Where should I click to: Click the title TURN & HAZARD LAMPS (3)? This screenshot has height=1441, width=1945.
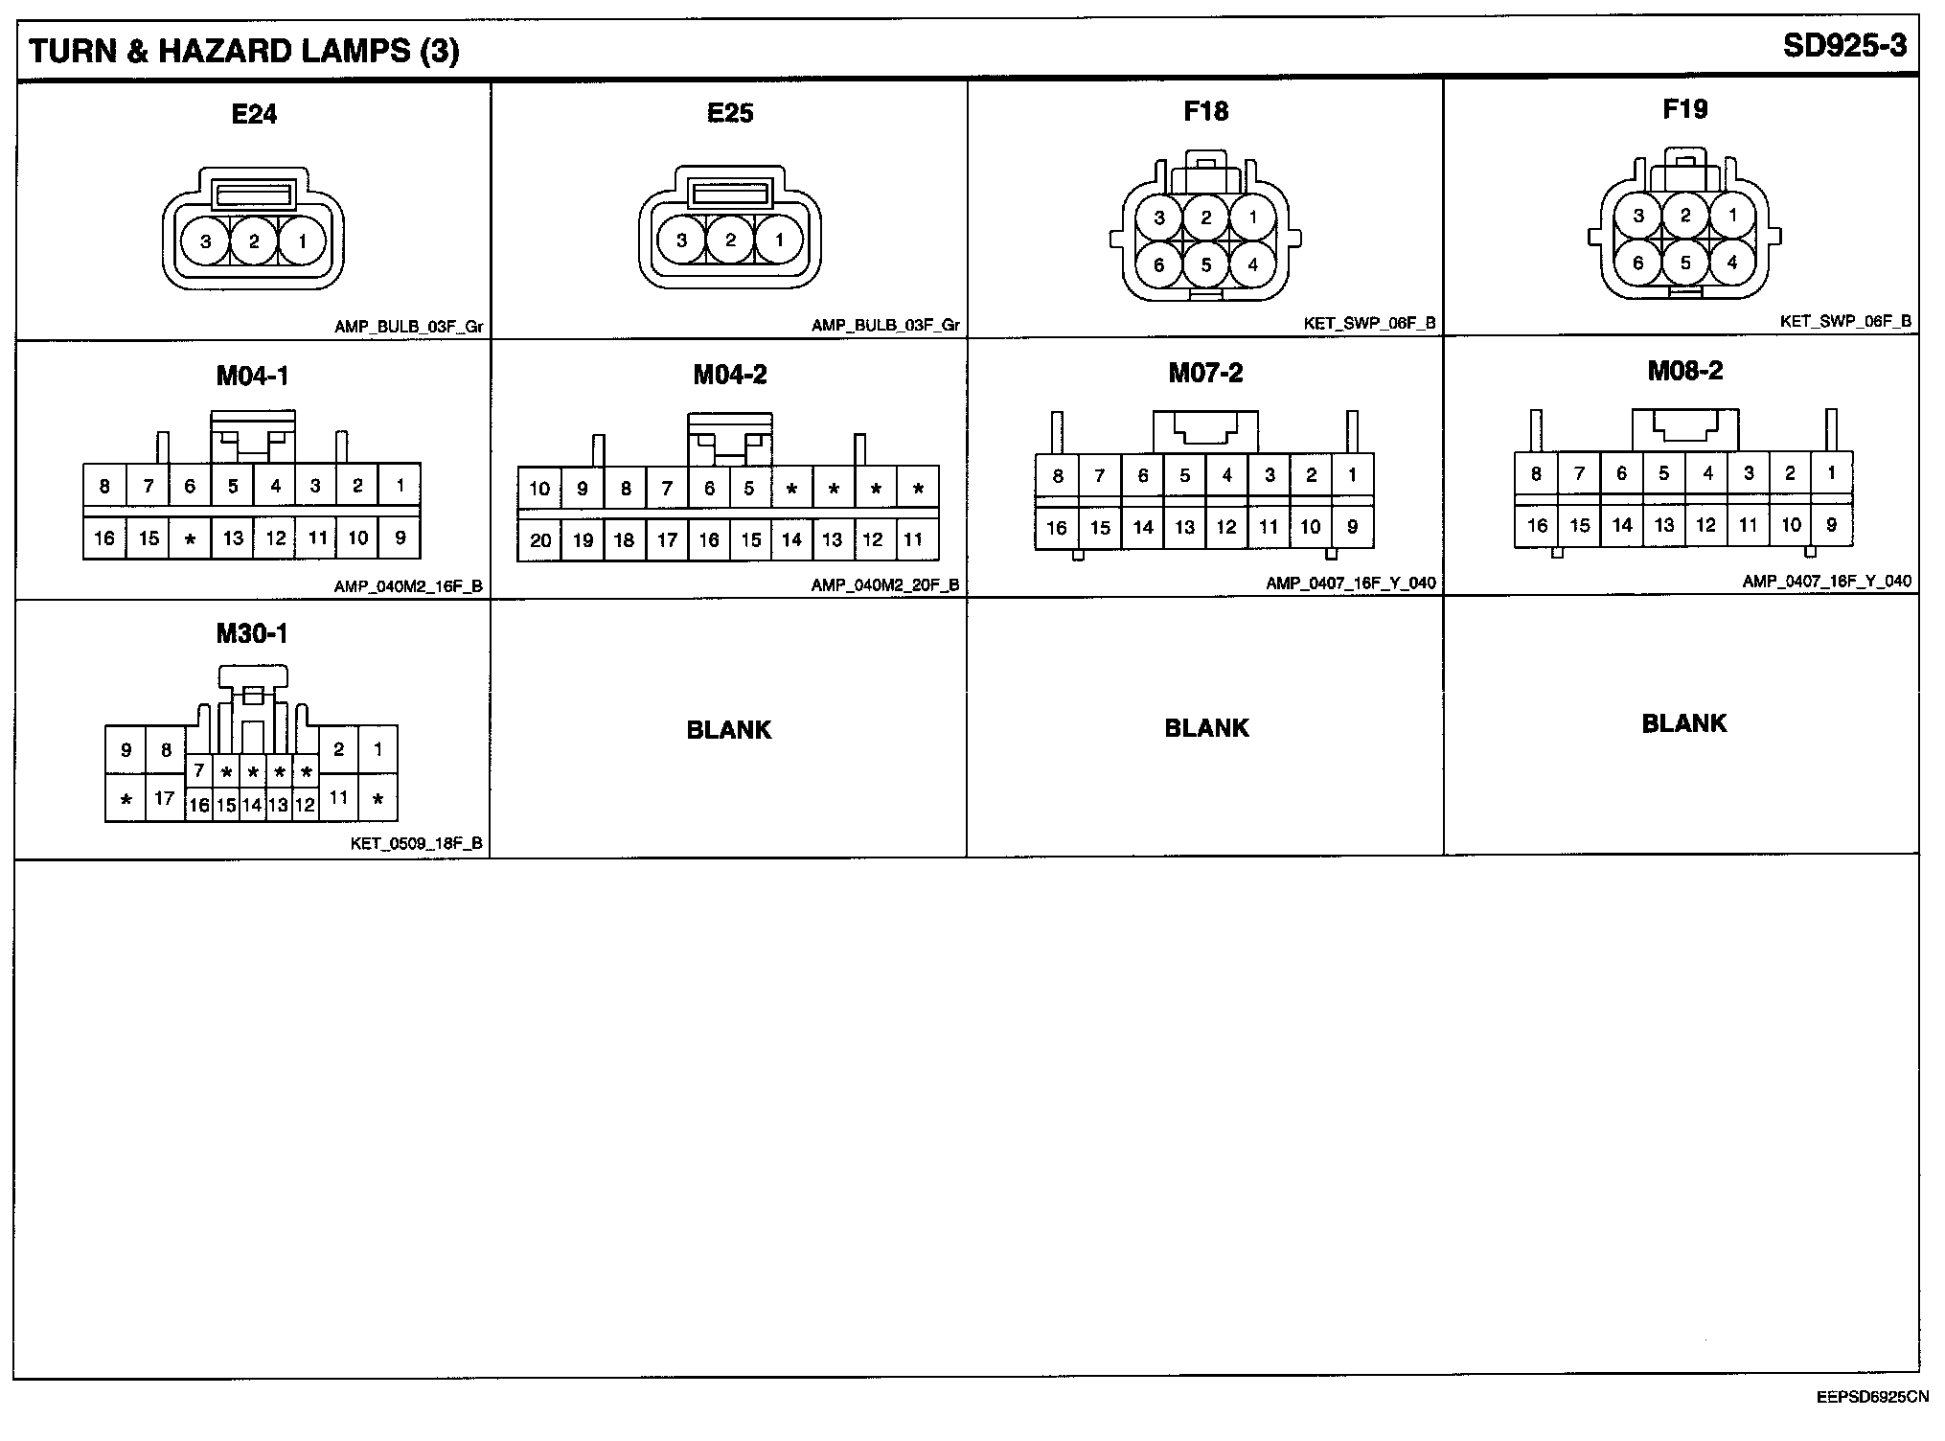[x=244, y=51]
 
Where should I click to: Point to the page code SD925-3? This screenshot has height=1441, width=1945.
[x=1844, y=47]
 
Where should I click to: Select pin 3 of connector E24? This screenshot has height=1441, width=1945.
[x=205, y=241]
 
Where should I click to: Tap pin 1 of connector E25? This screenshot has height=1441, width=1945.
[x=779, y=240]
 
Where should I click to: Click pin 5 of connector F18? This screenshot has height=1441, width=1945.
[x=1206, y=264]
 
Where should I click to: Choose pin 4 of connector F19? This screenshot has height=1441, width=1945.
[x=1731, y=262]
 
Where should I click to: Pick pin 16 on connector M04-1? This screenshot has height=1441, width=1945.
[x=104, y=538]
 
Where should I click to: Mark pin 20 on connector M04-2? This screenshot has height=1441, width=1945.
[x=540, y=540]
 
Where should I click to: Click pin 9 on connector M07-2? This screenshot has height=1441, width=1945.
[x=1352, y=526]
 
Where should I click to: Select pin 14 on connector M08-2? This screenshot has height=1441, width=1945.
[x=1622, y=525]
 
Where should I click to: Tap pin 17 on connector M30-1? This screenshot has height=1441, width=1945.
[x=165, y=797]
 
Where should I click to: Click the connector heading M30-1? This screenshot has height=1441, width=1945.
[x=252, y=633]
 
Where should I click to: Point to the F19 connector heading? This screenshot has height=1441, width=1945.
[x=1684, y=109]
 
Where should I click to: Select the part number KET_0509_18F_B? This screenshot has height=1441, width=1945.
[x=417, y=844]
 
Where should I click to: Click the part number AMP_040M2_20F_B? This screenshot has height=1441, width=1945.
[x=884, y=584]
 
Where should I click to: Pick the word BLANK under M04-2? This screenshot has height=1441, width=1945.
[x=728, y=730]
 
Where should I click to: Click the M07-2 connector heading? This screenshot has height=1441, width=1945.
[x=1205, y=373]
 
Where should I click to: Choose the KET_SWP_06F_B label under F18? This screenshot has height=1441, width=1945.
[x=1369, y=324]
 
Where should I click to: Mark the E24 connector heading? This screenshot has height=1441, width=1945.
[x=254, y=114]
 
